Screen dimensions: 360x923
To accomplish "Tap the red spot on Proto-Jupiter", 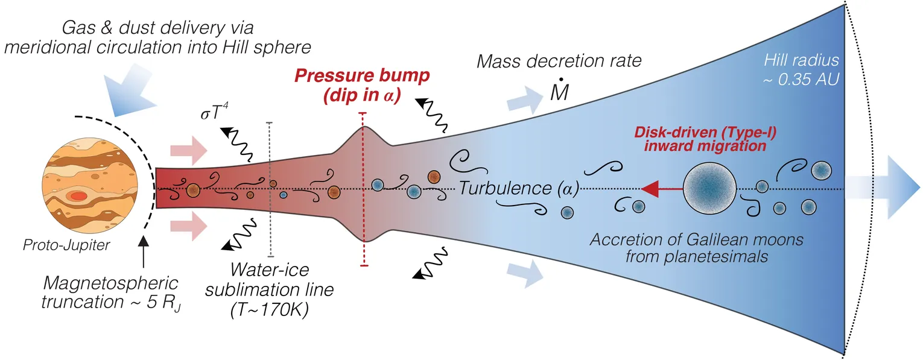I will click(78, 196).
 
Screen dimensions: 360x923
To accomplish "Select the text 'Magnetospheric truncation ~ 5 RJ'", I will click(112, 292).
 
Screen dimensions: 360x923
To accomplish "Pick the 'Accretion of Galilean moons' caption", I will click(697, 240).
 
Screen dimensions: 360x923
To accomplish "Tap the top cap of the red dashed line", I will click(363, 113).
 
